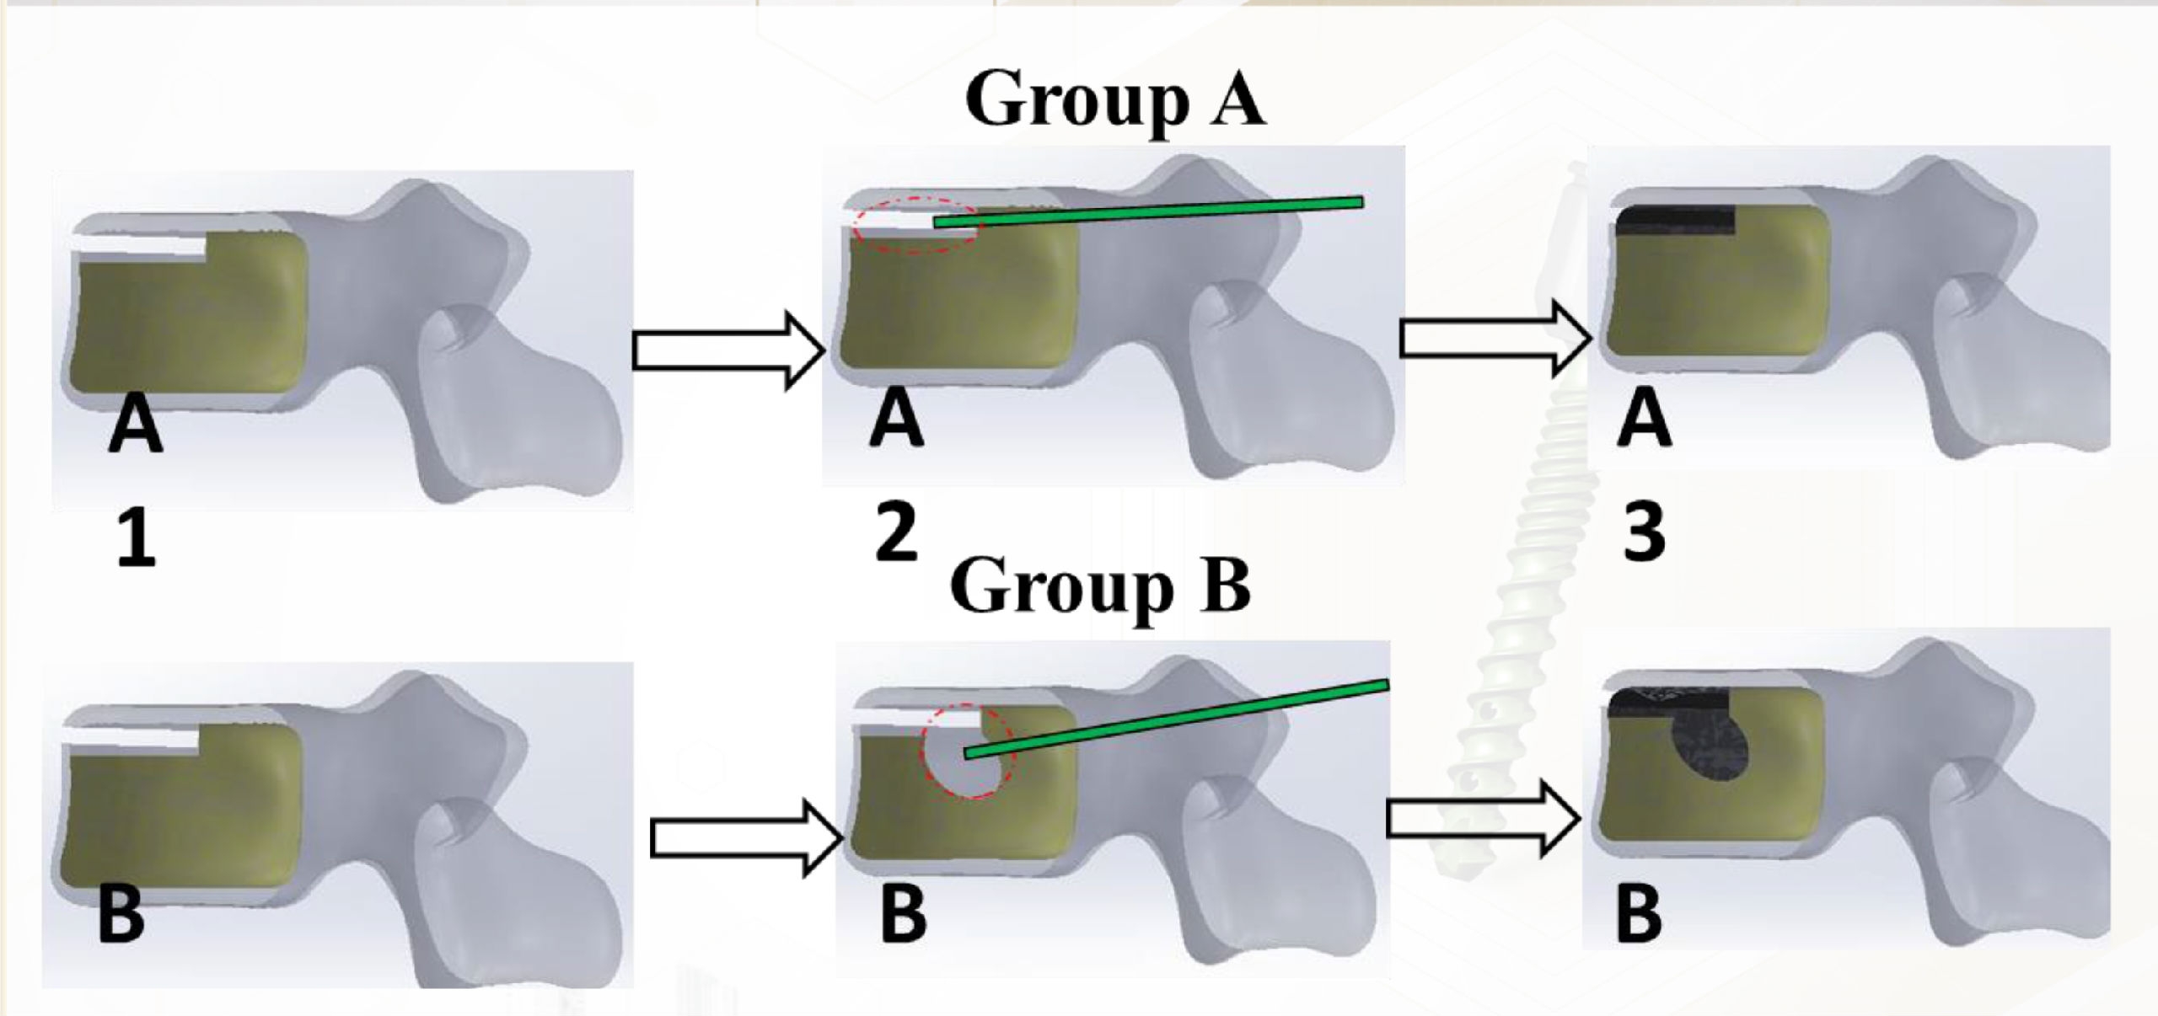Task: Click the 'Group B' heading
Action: click(x=1100, y=588)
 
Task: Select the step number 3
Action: click(x=1644, y=533)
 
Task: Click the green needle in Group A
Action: click(x=1146, y=211)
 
